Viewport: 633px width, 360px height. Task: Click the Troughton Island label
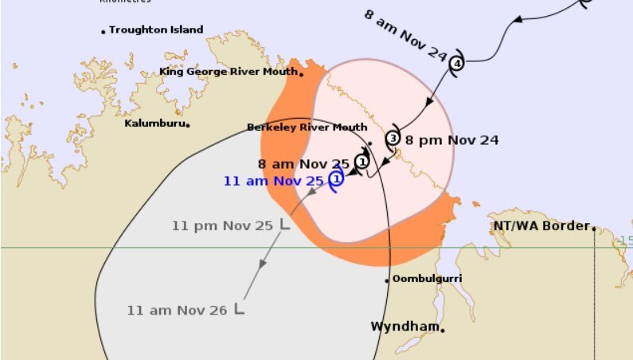pyautogui.click(x=156, y=30)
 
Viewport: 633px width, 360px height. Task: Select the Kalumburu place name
pyautogui.click(x=156, y=123)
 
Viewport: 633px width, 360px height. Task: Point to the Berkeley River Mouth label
pyautogui.click(x=307, y=127)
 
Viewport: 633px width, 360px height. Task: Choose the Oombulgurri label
pyautogui.click(x=428, y=279)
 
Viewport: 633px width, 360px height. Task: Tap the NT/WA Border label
pyautogui.click(x=541, y=226)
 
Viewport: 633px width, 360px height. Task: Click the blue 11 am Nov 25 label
pyautogui.click(x=274, y=181)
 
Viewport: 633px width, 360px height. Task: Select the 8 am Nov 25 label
pyautogui.click(x=304, y=164)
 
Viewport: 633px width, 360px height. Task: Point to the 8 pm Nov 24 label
pyautogui.click(x=451, y=140)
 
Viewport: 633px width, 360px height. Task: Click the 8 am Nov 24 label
pyautogui.click(x=406, y=33)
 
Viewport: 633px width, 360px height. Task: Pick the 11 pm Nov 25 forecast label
pyautogui.click(x=222, y=225)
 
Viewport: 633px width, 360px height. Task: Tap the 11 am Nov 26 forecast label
pyautogui.click(x=178, y=310)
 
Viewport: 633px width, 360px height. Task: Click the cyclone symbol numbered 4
pyautogui.click(x=456, y=64)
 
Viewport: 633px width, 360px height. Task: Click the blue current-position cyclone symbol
pyautogui.click(x=337, y=179)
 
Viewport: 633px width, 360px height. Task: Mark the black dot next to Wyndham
pyautogui.click(x=443, y=329)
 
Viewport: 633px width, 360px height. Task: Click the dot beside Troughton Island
pyautogui.click(x=104, y=31)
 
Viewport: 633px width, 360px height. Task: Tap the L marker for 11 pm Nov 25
pyautogui.click(x=283, y=225)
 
